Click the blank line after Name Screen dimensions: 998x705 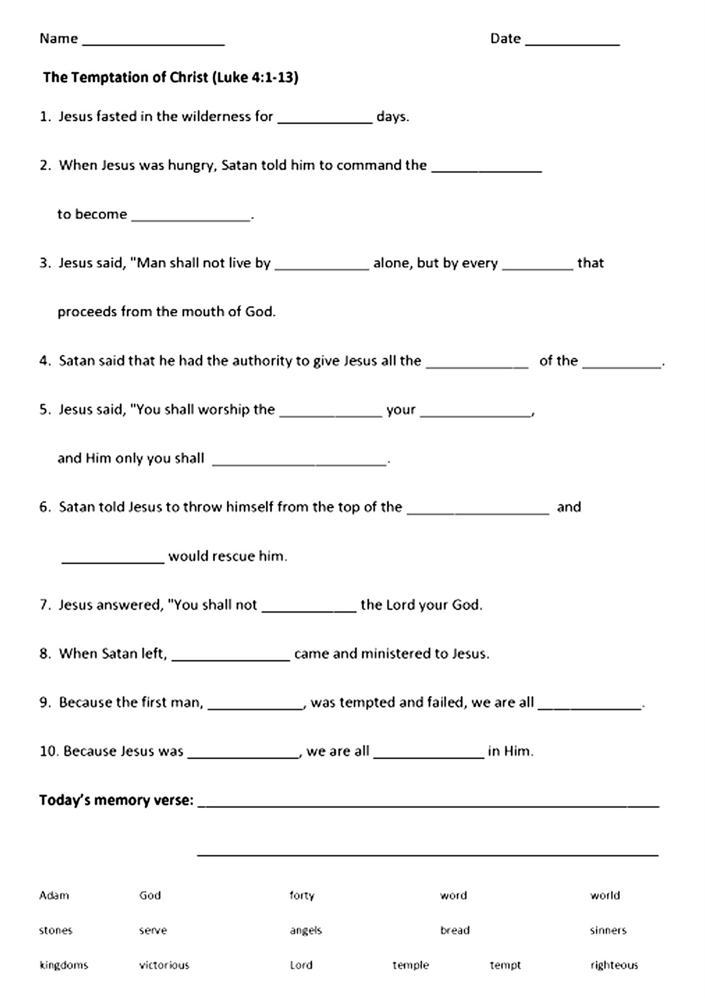[x=153, y=42]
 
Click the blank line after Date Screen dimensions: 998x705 [x=572, y=42]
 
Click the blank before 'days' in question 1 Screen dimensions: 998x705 [x=324, y=120]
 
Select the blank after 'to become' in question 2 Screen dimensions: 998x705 [x=191, y=218]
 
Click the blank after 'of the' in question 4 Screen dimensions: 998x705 [x=621, y=365]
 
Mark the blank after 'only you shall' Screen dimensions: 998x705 [x=299, y=462]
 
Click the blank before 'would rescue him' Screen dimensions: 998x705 [x=113, y=560]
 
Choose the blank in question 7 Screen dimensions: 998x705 [x=309, y=609]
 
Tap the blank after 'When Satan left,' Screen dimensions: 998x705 [x=230, y=657]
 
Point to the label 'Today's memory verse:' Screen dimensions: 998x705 [x=116, y=800]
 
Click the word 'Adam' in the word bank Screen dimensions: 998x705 [x=54, y=896]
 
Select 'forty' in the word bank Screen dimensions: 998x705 [x=302, y=896]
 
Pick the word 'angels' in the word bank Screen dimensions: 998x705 [x=305, y=931]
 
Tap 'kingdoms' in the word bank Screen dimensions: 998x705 [x=64, y=966]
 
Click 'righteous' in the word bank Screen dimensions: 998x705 [x=614, y=966]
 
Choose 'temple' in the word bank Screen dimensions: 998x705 [x=411, y=966]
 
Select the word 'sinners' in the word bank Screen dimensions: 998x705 [x=608, y=931]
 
